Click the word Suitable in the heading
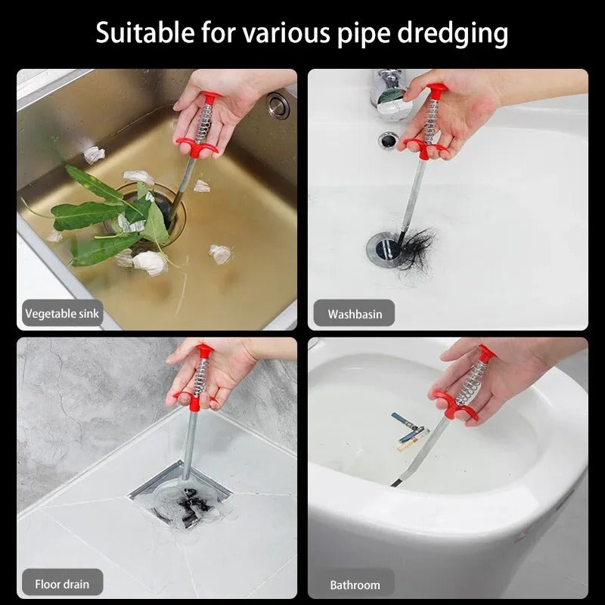[x=145, y=33]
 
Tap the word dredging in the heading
[x=452, y=35]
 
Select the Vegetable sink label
[x=62, y=313]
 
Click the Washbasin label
[x=355, y=314]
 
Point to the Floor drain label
[x=62, y=584]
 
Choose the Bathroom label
[x=355, y=585]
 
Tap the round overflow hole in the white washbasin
[x=388, y=140]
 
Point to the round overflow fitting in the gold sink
[x=278, y=104]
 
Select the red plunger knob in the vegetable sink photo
[x=211, y=97]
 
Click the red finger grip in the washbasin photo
[x=423, y=147]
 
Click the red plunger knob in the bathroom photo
[x=487, y=352]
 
